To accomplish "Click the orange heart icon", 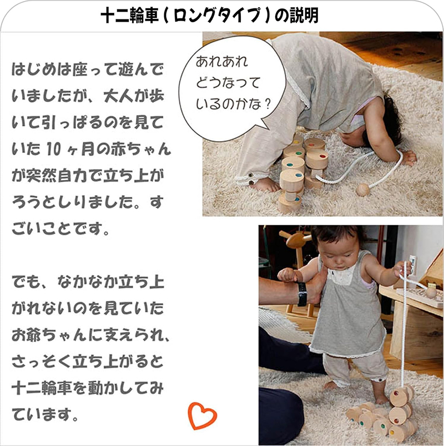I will coord(201,415).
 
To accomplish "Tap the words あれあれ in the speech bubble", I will coord(220,62).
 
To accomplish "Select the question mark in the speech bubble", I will coord(269,105).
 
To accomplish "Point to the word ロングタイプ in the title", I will coord(222,16).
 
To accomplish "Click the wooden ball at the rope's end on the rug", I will coord(362,190).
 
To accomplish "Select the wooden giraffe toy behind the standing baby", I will coord(295,245).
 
